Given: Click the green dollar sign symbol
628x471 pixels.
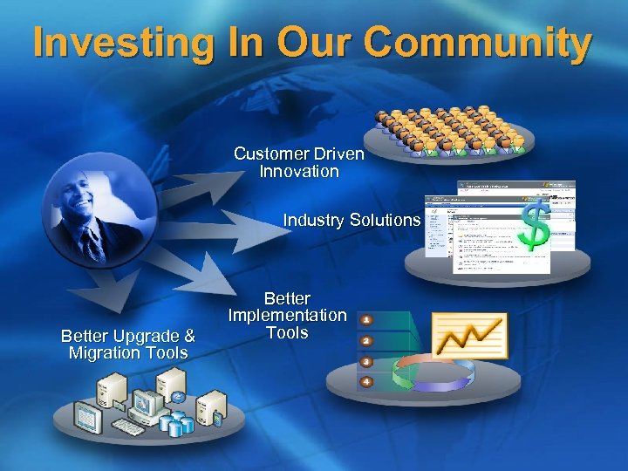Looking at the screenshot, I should (x=535, y=222).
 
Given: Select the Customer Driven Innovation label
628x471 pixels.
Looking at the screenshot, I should (x=299, y=162).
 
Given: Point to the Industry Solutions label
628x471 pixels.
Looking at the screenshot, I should (x=352, y=220).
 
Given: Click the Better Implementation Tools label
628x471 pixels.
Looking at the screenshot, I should (x=287, y=315).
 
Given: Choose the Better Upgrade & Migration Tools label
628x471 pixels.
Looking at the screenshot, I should (x=127, y=345).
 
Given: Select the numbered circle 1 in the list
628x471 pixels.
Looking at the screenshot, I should (x=367, y=320).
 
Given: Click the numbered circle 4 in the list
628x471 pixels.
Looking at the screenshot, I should (x=367, y=381).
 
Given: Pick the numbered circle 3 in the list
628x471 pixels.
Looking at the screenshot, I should (x=367, y=361).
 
